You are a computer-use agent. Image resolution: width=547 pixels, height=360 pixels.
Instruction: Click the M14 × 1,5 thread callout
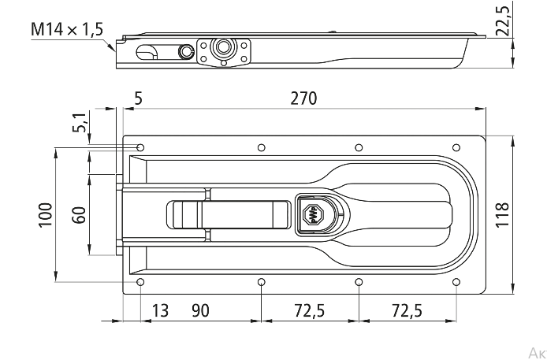(x=67, y=29)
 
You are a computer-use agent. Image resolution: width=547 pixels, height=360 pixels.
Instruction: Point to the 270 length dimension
(x=304, y=98)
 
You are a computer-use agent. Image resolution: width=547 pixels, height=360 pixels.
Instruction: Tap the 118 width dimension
(x=502, y=215)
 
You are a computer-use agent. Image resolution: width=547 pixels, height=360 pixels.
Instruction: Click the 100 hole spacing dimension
(x=46, y=215)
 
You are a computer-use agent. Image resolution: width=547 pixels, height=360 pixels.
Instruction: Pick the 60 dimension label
(x=79, y=215)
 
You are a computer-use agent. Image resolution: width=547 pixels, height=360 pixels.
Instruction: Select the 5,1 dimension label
(x=80, y=122)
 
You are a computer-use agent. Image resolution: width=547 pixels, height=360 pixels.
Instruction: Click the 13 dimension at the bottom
(x=160, y=310)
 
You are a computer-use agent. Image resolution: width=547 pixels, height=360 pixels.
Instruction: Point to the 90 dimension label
(x=200, y=310)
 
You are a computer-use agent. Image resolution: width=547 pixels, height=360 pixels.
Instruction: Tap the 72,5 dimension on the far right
(x=407, y=310)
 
